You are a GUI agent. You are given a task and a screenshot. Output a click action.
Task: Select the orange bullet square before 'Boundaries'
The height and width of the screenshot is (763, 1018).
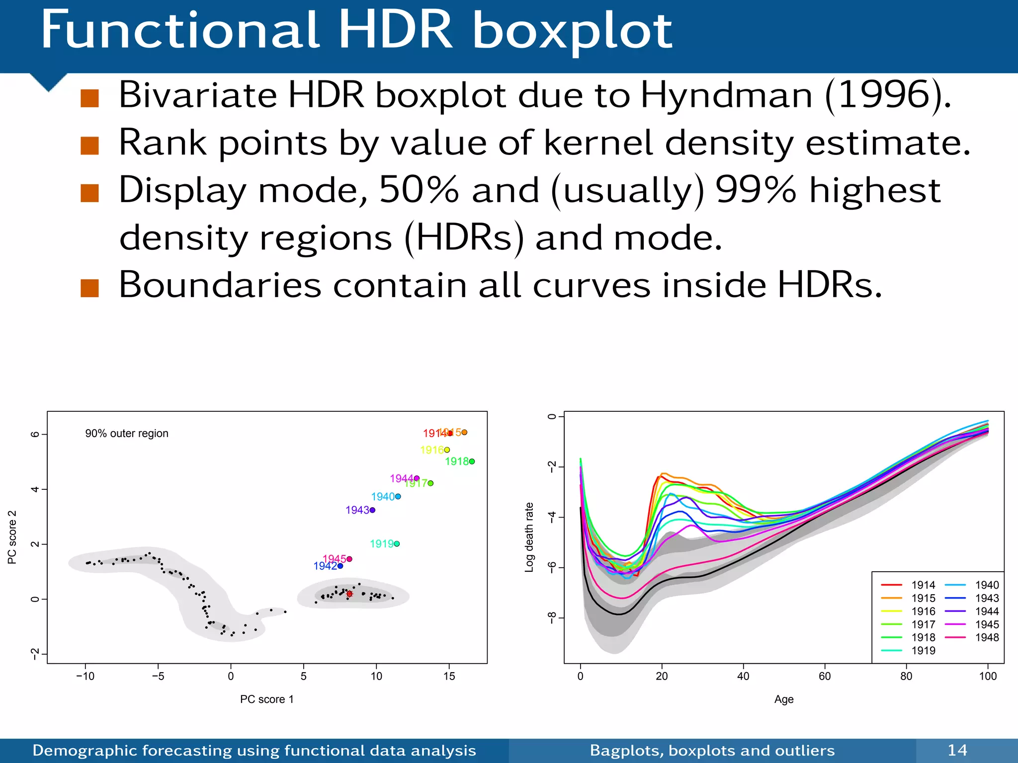[89, 288]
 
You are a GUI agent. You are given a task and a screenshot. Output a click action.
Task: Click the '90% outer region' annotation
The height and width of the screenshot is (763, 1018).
[127, 434]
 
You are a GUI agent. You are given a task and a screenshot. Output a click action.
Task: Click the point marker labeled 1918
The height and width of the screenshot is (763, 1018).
[472, 461]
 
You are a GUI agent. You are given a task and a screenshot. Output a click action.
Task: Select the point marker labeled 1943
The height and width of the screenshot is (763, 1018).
[372, 510]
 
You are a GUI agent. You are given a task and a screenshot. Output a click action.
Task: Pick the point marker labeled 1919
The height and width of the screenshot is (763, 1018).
[397, 544]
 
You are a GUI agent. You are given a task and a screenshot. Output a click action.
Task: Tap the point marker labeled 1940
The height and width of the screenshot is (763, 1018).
[398, 497]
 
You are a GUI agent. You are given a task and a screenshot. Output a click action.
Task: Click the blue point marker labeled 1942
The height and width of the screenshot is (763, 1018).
[340, 566]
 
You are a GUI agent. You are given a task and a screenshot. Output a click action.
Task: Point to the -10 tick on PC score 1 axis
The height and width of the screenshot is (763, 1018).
[85, 676]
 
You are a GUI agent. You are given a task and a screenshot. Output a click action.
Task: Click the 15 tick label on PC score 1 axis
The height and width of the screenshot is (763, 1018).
[449, 676]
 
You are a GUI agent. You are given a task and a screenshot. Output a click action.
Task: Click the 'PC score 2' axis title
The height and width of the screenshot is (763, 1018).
[12, 537]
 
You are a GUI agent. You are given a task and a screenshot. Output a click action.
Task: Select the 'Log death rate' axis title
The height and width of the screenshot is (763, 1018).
[529, 537]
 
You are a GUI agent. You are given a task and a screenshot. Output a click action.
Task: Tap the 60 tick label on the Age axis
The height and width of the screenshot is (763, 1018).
[825, 676]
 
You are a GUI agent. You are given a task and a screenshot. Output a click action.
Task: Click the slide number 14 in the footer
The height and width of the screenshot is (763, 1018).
[957, 750]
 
